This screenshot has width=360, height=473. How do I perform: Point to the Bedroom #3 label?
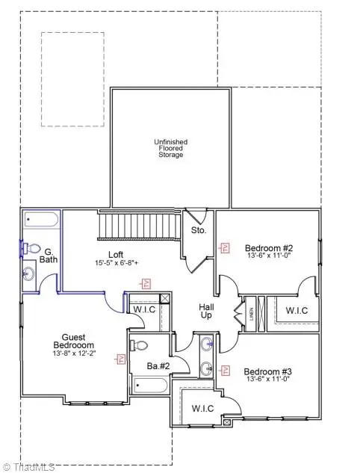coord(266,371)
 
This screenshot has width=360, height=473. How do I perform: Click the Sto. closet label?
coord(199,231)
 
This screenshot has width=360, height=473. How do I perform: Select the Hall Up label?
coord(206,311)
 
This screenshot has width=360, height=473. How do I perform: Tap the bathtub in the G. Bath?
coord(41,220)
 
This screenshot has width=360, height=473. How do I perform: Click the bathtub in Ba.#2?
coord(151,386)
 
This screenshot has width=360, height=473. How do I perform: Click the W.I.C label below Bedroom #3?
coord(202,408)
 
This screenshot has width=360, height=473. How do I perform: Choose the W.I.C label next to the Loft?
coord(143,309)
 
